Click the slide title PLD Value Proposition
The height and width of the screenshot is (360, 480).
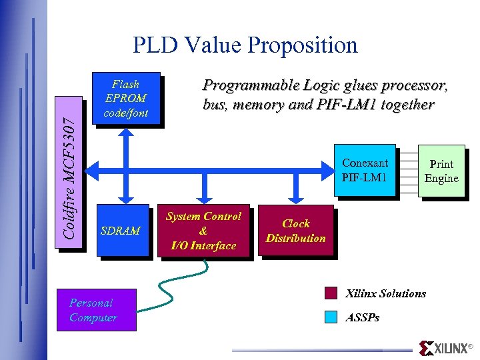pos(245,45)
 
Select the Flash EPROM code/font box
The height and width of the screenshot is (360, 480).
pos(126,98)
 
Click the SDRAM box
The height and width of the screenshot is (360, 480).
pos(122,231)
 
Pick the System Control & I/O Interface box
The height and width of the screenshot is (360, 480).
pos(203,231)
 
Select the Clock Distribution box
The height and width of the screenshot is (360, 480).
pos(295,231)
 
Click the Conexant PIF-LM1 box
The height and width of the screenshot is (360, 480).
pos(365,170)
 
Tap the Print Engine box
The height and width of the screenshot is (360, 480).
pos(441,171)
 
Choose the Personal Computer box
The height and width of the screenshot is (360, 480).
pos(97,310)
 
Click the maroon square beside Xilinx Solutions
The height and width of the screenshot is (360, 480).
pos(331,293)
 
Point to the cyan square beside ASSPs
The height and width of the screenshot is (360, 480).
pos(331,317)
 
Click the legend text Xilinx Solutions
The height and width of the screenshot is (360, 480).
pos(385,293)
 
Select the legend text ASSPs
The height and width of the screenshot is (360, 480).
pos(363,318)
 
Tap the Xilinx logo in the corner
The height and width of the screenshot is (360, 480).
pos(443,348)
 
